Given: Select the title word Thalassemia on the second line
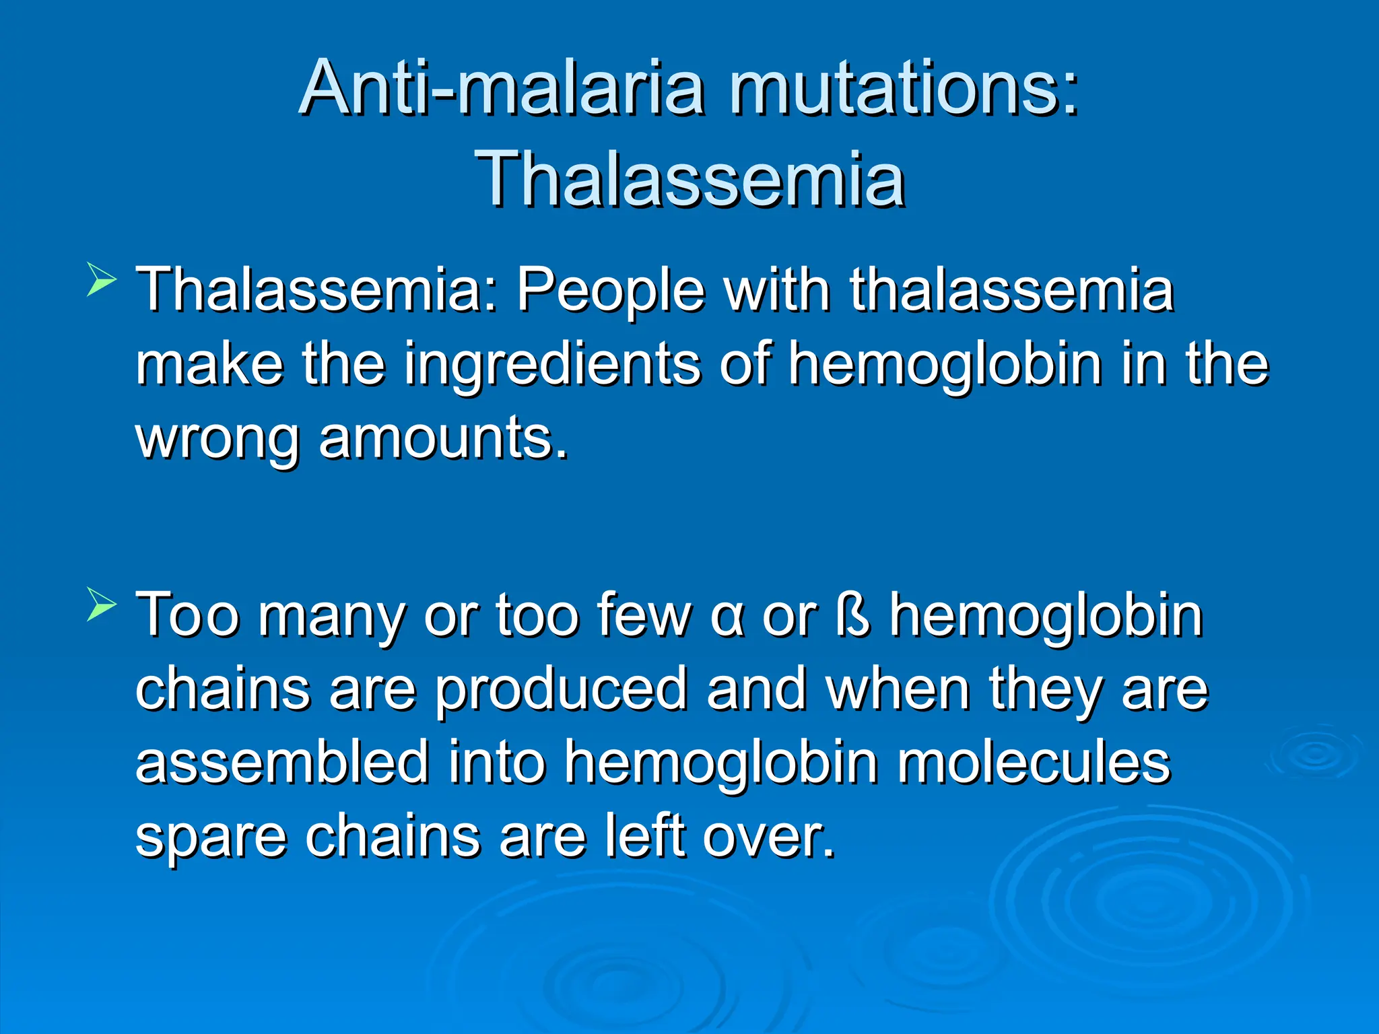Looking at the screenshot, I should coord(689,178).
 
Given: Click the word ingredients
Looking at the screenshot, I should coord(552,364).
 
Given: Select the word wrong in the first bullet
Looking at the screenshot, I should coord(217,439).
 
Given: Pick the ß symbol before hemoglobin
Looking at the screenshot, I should coord(852,615).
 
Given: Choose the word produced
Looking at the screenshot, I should coord(560,691).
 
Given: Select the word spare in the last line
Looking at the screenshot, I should coord(210,838).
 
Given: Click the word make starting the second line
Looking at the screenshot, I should coord(209,364).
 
